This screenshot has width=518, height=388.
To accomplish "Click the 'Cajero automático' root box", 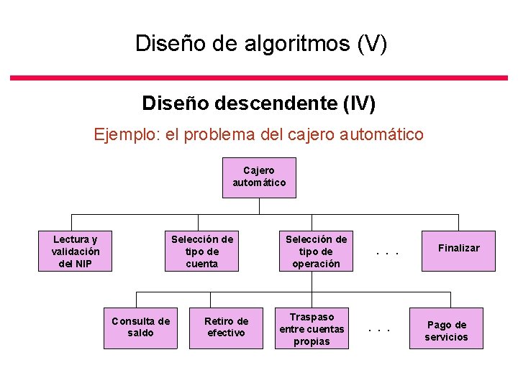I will coord(259,177).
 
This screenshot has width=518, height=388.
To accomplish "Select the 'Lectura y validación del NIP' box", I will coord(76,251).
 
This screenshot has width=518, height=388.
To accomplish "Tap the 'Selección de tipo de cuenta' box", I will coord(201,251).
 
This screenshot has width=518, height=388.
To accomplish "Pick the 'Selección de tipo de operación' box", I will coord(316,251).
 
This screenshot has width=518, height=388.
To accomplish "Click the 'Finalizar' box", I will coord(459,249).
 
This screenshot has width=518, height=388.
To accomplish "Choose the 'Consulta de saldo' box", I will coord(140,327).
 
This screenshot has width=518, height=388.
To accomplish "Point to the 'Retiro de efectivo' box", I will coord(226,327).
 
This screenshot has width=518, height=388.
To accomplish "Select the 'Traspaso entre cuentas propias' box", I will coord(312,328).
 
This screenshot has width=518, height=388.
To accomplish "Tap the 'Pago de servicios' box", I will coord(446,330).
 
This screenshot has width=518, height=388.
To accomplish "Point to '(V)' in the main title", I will coord(372,44).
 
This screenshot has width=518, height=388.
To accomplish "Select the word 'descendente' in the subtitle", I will coord(277,103).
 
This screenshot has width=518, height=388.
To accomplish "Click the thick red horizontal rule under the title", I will coord(259,77).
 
